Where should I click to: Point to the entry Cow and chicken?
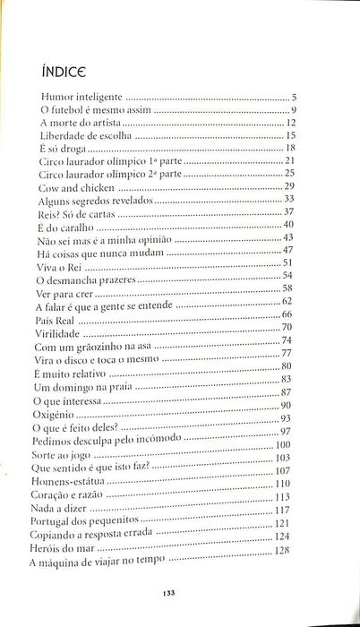pyautogui.click(x=77, y=188)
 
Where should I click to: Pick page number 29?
pyautogui.click(x=289, y=185)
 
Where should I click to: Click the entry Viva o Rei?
pyautogui.click(x=60, y=266)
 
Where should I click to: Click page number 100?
pyautogui.click(x=285, y=443)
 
